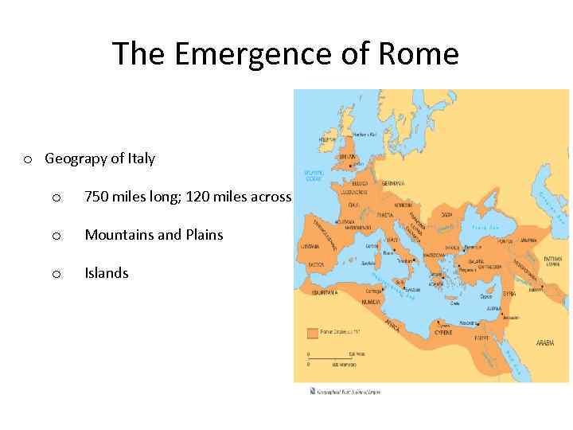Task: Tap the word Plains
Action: [202, 235]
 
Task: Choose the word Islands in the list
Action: [107, 273]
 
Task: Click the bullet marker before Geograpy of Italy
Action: [28, 159]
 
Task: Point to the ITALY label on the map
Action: [392, 239]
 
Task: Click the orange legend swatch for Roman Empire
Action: [313, 332]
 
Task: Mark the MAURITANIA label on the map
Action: [325, 292]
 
